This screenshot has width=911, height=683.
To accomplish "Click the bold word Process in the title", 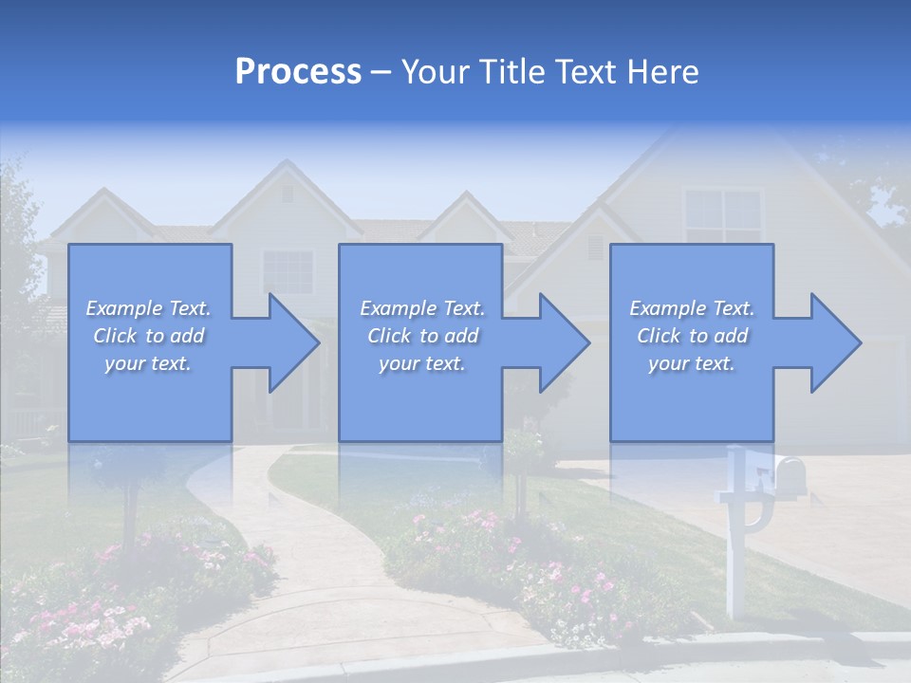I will (x=298, y=72).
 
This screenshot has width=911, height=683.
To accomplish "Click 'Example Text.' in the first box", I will (x=148, y=308).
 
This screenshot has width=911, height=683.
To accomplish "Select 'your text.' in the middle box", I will (x=421, y=363).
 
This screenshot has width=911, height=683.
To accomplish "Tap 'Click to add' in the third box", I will (x=693, y=336).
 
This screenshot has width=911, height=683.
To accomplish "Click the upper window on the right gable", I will (x=722, y=216).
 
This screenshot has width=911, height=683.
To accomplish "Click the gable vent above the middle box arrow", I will (x=594, y=247).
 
